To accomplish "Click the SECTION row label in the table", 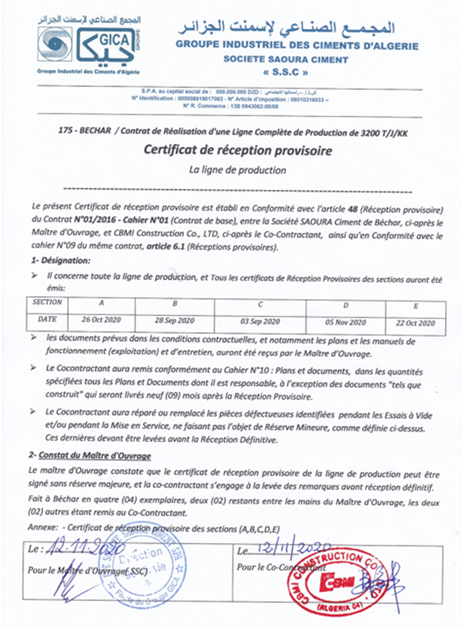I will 47,304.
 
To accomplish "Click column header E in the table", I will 416,305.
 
